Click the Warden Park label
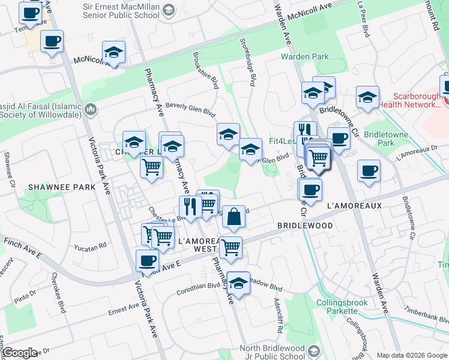pyautogui.click(x=304, y=57)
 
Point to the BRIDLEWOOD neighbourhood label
pyautogui.click(x=305, y=226)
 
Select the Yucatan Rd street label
pyautogui.click(x=91, y=246)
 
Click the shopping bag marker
pyautogui.click(x=234, y=217)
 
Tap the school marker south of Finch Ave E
pyautogui.click(x=238, y=285)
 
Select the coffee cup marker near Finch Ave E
pyautogui.click(x=148, y=261)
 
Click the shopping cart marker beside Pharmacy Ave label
pyautogui.click(x=151, y=167)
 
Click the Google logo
pyautogui.click(x=20, y=353)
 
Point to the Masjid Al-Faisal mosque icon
pyautogui.click(x=91, y=109)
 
